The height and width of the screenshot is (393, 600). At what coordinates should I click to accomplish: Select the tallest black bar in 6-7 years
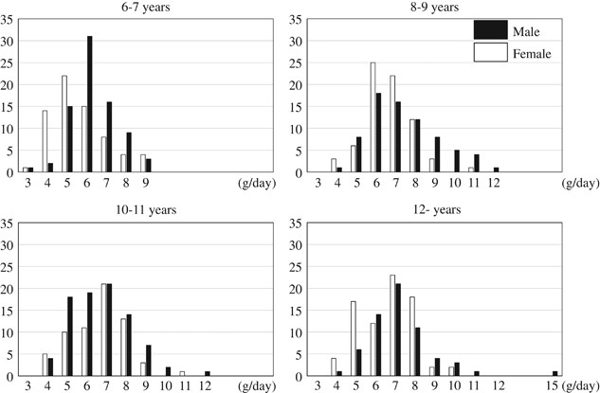coord(90,104)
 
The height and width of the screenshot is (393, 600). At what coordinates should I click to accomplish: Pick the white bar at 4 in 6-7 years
coord(45,141)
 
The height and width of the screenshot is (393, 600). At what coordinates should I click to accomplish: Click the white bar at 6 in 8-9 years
coord(347,117)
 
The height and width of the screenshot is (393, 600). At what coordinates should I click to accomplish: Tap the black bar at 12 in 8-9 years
coord(496,170)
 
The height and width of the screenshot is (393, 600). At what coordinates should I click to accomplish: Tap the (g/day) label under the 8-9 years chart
coord(579,181)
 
